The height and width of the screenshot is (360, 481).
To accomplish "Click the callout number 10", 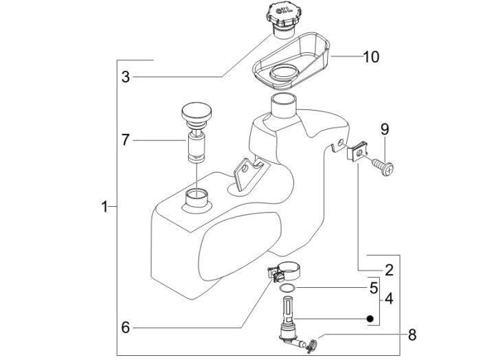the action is click(x=371, y=57).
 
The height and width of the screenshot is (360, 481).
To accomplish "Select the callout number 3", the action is click(x=126, y=77).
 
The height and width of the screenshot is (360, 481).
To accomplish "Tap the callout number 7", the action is click(x=126, y=140).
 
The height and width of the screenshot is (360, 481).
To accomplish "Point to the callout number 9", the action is click(x=385, y=129).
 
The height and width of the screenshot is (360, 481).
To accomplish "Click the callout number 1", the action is click(x=104, y=207).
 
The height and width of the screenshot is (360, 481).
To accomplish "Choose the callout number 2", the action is click(x=389, y=270).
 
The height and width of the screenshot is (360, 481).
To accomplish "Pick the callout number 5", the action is click(x=374, y=288).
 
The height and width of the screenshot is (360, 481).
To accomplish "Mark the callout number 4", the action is click(x=389, y=299).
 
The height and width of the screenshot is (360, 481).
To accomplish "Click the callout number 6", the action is click(x=126, y=328).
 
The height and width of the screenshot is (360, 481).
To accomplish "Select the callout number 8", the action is click(x=412, y=335).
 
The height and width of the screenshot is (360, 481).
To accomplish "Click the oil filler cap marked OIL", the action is click(x=282, y=21).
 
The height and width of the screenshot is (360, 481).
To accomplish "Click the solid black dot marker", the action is click(x=370, y=319).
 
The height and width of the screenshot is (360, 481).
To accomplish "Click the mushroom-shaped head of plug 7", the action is click(x=197, y=113).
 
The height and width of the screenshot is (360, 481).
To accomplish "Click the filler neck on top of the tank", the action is click(x=284, y=106).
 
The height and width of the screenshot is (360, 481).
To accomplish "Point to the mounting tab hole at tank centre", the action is click(x=245, y=168).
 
